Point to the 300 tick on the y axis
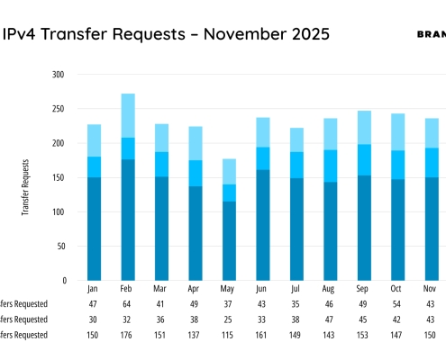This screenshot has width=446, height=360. pyautogui.click(x=59, y=75)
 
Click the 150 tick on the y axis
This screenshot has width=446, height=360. pyautogui.click(x=59, y=177)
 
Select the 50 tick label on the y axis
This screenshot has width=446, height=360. pyautogui.click(x=60, y=246)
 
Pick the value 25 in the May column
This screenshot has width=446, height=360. pyautogui.click(x=229, y=319)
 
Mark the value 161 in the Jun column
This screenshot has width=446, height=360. pyautogui.click(x=263, y=334)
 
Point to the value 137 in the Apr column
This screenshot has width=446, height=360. pyautogui.click(x=194, y=334)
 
